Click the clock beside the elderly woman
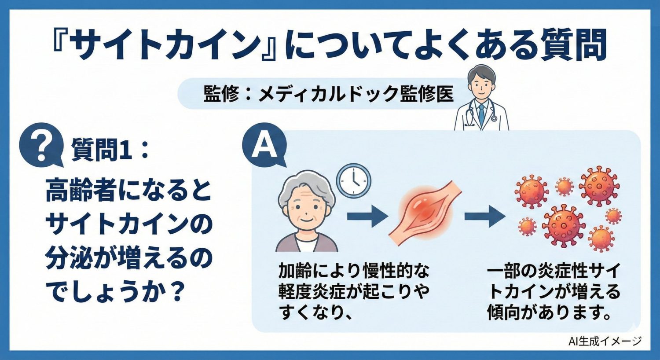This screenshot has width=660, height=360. coord(353,180)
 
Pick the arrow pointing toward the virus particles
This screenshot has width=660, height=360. coord(484,216)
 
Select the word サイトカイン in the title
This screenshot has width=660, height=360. coord(165,44)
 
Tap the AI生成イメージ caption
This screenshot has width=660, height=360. coord(605,340)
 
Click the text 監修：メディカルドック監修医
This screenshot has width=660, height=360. coord(328,94)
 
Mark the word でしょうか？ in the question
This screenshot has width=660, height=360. coord(114,292)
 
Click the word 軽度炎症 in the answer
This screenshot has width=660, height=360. coord(312,291)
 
